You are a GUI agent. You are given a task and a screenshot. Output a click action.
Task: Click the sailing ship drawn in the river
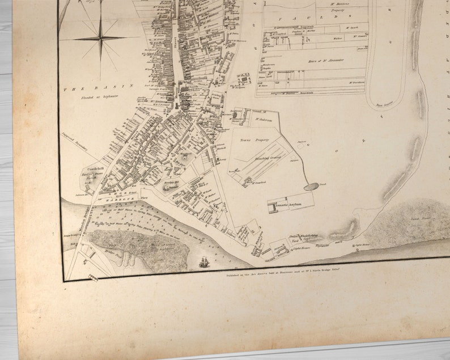tap(203, 262)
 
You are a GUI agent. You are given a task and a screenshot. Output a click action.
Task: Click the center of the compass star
tap(101, 39)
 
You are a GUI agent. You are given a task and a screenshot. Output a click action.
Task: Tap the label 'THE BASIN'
tap(97, 88)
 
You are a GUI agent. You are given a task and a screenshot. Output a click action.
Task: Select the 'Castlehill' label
tap(91, 169)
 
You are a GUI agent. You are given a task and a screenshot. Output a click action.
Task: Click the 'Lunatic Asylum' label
tap(292, 204)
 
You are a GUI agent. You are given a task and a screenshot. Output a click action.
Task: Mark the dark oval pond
tap(311, 186)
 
